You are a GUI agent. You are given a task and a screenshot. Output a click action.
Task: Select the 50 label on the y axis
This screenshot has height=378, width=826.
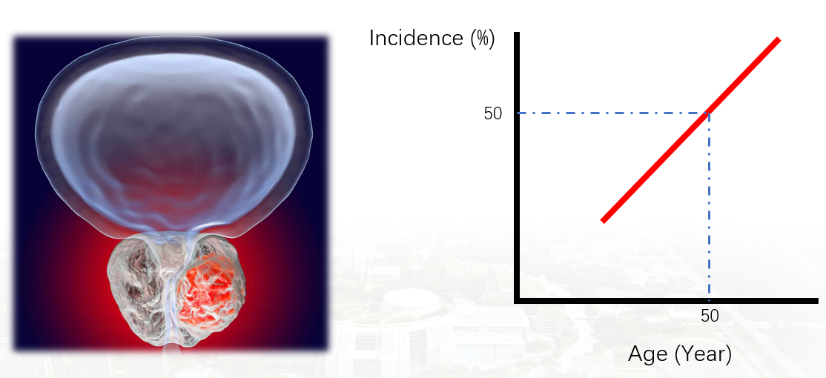coord(493,113)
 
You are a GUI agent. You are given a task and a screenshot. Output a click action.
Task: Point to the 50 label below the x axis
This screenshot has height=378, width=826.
coord(710,315)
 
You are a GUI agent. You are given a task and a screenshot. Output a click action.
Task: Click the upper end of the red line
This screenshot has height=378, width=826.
coord(778,39)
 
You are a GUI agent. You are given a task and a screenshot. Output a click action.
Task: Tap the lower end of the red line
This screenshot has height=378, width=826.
coord(603,221)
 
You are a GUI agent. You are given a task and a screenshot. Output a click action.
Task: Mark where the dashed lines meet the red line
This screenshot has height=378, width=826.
coord(710,113)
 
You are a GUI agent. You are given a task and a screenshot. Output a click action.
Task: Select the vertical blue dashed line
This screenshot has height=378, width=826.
coord(710,205)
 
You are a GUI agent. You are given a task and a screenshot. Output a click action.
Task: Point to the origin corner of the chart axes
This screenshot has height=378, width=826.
coord(518,301)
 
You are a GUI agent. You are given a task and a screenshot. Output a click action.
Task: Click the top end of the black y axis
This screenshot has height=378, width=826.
coord(518,33)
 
